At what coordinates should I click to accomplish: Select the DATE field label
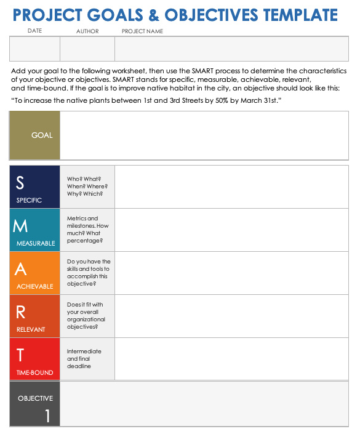pyautogui.click(x=35, y=31)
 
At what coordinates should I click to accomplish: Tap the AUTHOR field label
pyautogui.click(x=87, y=31)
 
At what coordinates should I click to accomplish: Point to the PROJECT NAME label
pyautogui.click(x=143, y=31)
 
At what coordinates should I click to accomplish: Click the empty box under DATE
pyautogui.click(x=35, y=50)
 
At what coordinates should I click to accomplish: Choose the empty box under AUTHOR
pyautogui.click(x=87, y=50)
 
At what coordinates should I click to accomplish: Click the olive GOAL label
pyautogui.click(x=42, y=135)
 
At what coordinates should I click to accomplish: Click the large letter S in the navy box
pyautogui.click(x=20, y=182)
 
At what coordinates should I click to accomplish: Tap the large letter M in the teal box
pyautogui.click(x=20, y=226)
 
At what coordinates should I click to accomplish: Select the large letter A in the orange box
pyautogui.click(x=20, y=269)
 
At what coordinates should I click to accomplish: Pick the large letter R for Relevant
pyautogui.click(x=20, y=312)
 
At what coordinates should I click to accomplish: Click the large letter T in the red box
pyautogui.click(x=20, y=355)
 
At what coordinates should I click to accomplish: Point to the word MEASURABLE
pyautogui.click(x=36, y=243)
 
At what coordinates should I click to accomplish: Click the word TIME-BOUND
pyautogui.click(x=35, y=372)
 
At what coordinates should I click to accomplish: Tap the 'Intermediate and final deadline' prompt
pyautogui.click(x=84, y=359)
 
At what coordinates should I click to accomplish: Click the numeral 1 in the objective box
pyautogui.click(x=47, y=416)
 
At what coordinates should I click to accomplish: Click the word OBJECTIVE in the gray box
pyautogui.click(x=36, y=398)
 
